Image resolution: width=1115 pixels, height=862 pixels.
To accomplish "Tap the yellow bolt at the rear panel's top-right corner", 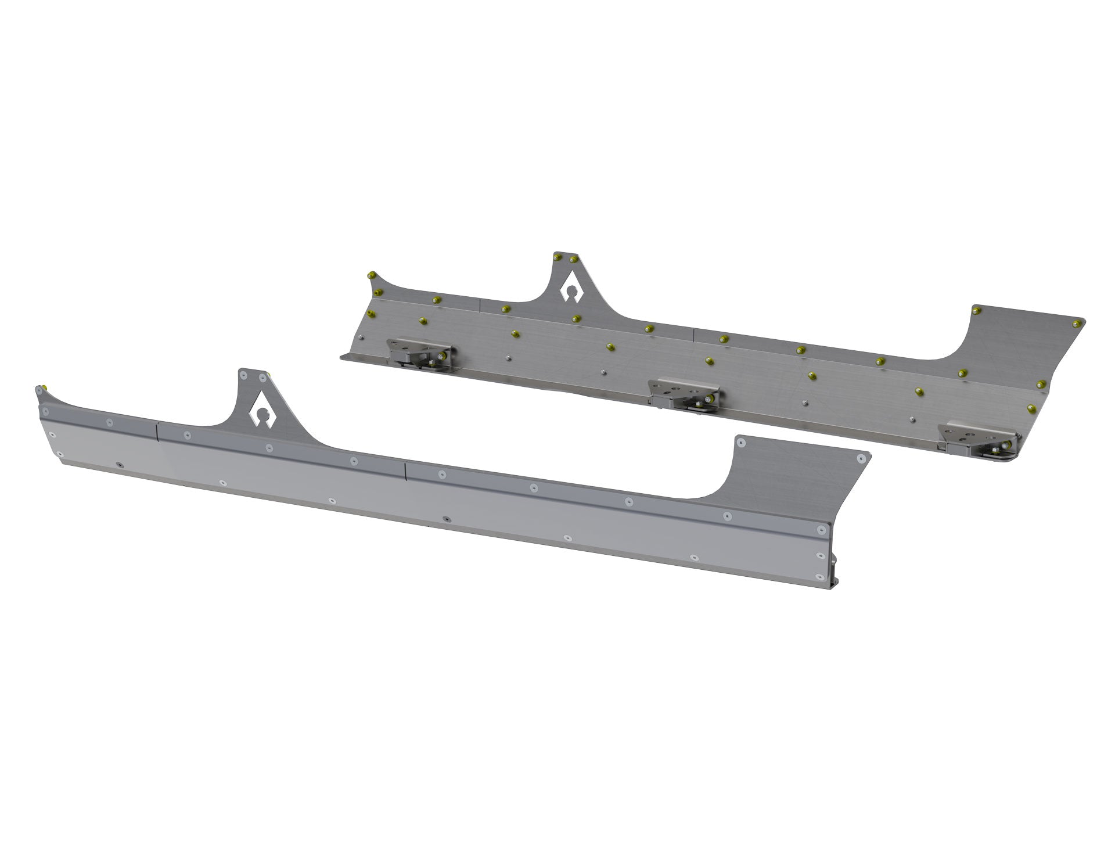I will point(1079,322).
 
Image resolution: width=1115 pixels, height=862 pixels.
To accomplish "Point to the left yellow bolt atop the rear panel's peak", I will point(558,256).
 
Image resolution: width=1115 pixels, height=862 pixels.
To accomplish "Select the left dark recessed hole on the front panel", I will point(118,465).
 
